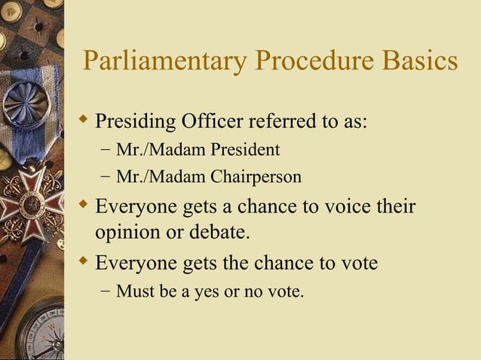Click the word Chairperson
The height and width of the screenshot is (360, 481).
256,178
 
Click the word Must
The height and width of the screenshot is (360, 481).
133,291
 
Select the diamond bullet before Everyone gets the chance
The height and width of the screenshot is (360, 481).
84,263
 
